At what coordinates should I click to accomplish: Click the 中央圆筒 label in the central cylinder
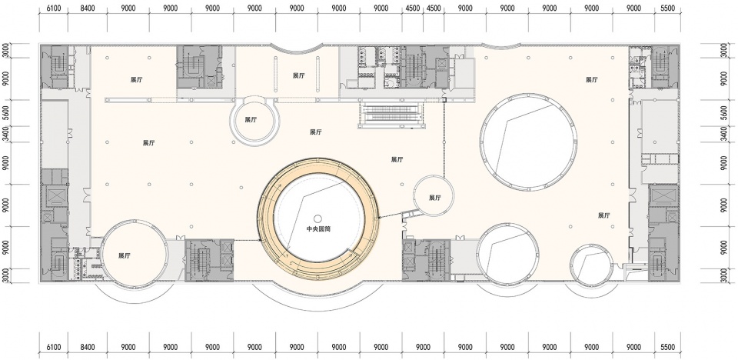click(x=317, y=230)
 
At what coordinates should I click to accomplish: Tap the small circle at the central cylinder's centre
click(x=317, y=218)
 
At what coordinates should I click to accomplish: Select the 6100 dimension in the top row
click(x=53, y=8)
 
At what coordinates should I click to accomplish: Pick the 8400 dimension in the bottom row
click(x=87, y=347)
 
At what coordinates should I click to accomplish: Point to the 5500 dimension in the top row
click(x=667, y=8)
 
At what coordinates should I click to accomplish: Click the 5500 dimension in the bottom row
click(x=667, y=347)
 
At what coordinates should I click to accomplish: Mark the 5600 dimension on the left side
click(x=5, y=113)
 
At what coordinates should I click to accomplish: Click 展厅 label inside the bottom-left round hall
click(x=125, y=256)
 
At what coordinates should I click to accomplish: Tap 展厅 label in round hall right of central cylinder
click(x=435, y=198)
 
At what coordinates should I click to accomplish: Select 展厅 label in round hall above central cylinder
click(x=251, y=120)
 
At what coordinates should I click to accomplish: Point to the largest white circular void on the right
click(x=528, y=140)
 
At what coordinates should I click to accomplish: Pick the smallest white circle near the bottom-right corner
click(x=591, y=265)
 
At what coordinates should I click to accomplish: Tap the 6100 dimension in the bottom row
click(x=53, y=347)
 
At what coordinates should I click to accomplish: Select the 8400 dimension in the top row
click(x=87, y=8)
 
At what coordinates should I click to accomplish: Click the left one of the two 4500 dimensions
click(x=412, y=8)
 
